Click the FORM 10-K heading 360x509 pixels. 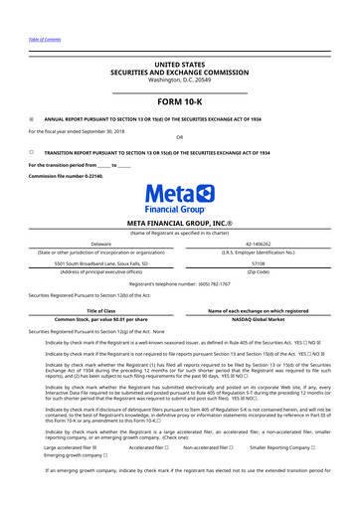click(179, 100)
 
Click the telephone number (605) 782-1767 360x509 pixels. click(223, 283)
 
